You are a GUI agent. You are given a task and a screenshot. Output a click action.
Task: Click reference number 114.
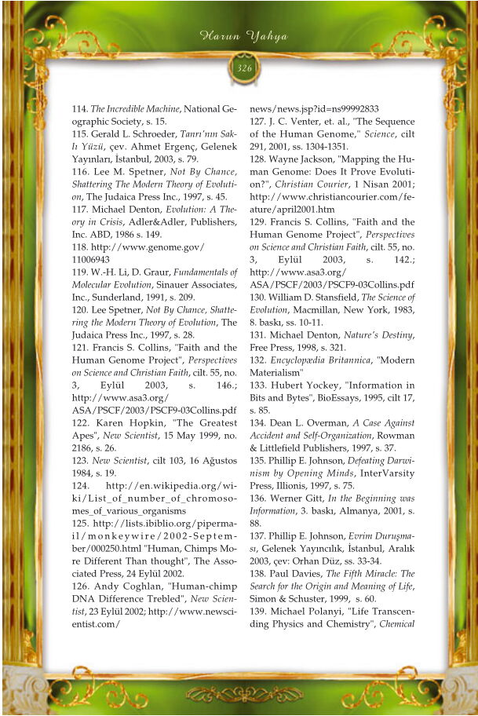point(80,109)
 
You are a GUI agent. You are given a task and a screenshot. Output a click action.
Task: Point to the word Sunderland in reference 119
point(121,298)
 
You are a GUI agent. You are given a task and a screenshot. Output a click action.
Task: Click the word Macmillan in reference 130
point(299,310)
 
